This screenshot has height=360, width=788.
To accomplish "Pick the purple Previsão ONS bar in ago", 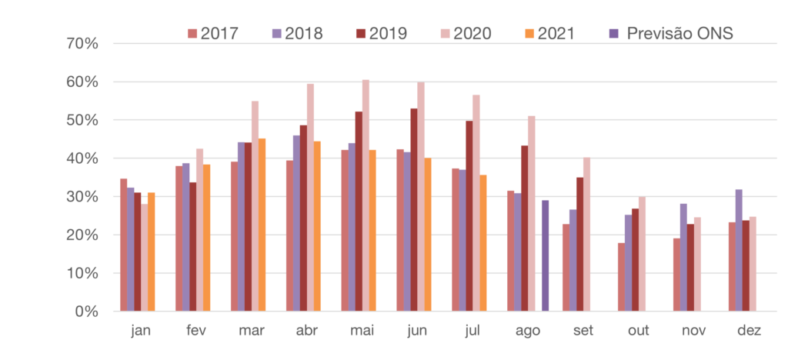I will (x=545, y=255).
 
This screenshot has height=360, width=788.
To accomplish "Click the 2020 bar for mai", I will (x=366, y=195).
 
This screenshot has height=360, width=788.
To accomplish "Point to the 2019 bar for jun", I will (x=414, y=209).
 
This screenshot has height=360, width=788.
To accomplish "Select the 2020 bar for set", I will (x=586, y=235).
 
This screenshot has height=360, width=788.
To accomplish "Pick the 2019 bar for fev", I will (x=192, y=246).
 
